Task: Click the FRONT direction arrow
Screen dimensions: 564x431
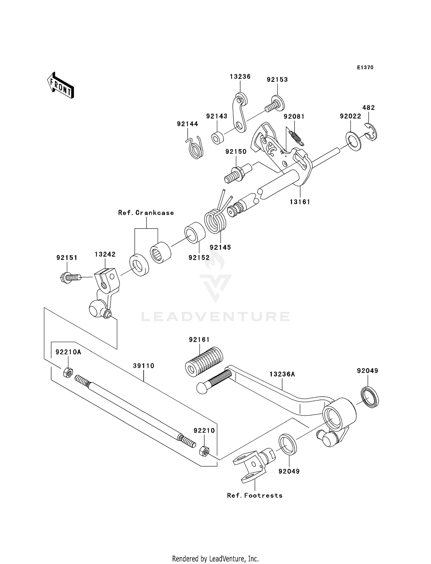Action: [x=61, y=85]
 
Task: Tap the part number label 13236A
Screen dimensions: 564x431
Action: [x=282, y=374]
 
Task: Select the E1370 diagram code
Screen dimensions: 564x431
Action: [x=365, y=68]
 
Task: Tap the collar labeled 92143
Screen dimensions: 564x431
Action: [x=218, y=138]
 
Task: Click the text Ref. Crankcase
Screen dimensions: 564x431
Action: [x=146, y=213]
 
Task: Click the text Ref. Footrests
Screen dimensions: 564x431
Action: [x=255, y=495]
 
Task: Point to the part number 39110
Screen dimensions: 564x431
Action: [x=144, y=366]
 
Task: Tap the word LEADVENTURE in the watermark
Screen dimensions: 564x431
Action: [x=215, y=316]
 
